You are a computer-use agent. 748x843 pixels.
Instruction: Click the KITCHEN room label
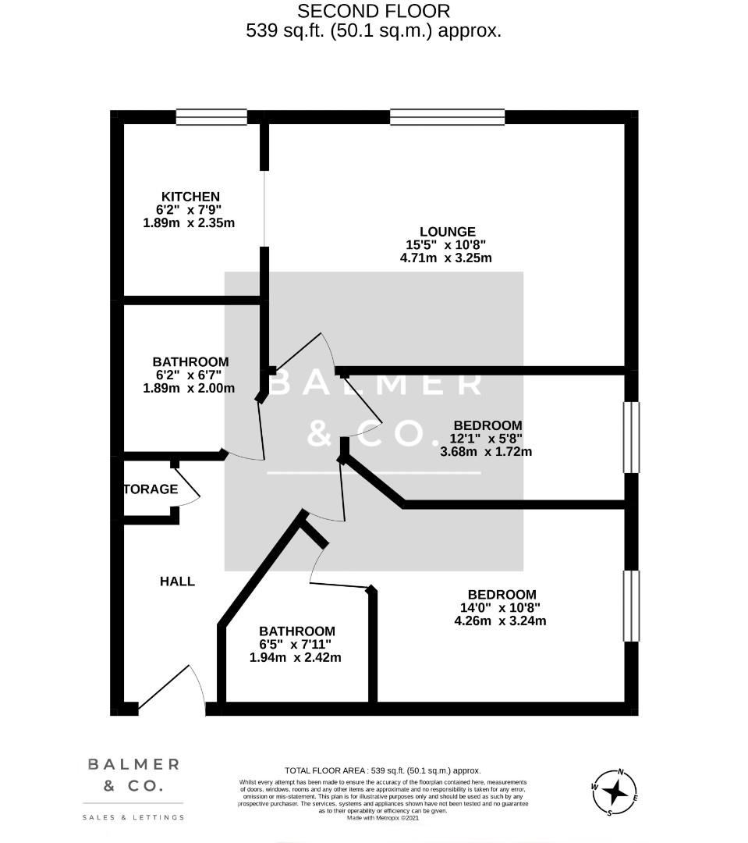point(190,197)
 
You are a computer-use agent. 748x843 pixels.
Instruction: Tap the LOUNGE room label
point(447,232)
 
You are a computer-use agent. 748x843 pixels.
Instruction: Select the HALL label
point(177,582)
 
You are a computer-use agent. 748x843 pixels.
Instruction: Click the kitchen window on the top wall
point(211,117)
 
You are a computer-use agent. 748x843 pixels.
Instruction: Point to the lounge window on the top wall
point(447,117)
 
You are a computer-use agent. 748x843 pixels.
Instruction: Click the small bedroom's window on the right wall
point(631,437)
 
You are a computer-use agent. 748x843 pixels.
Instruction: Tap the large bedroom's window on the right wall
point(631,606)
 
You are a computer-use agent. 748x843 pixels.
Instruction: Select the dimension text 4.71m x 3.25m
point(445,258)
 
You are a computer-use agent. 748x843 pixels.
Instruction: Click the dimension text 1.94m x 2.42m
point(295,658)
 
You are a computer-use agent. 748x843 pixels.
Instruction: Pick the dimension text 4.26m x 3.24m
point(499,621)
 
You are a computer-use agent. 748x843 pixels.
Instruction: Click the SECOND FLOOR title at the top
point(374,12)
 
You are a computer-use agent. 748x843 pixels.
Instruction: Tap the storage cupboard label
point(151,489)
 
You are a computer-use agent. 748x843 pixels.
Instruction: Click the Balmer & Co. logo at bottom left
point(133,775)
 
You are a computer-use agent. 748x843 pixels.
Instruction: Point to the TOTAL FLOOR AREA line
point(382,770)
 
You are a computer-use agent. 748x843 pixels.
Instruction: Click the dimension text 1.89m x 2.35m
point(189,223)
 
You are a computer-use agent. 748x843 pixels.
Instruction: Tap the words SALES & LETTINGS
point(133,817)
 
